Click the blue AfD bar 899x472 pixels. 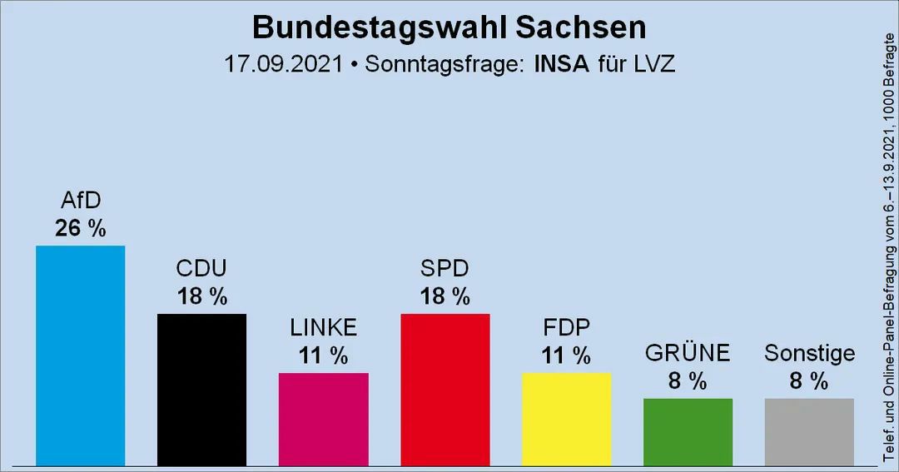point(80,355)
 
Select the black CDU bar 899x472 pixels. point(201,390)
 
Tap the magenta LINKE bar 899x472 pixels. point(323,419)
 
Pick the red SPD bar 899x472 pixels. point(445,390)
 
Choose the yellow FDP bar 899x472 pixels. point(566,419)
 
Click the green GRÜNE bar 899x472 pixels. point(688,431)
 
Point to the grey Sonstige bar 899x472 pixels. point(809,431)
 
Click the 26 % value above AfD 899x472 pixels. point(80,228)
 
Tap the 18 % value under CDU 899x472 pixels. point(201,296)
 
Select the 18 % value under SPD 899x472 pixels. point(445,296)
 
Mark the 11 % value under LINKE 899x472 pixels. point(323,355)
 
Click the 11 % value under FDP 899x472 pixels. point(566,355)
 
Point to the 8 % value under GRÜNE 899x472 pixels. point(688,381)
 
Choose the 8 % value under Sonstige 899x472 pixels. point(809,381)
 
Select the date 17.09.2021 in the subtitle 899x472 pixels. point(283,65)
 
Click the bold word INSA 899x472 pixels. point(551,65)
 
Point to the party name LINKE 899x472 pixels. point(323,327)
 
